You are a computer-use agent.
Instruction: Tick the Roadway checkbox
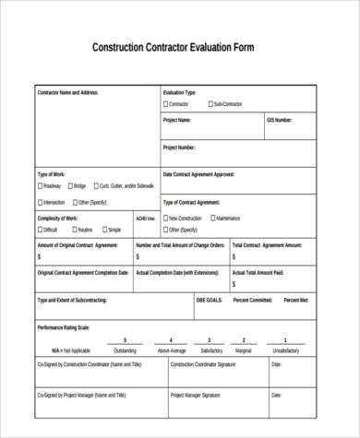[x=40, y=186]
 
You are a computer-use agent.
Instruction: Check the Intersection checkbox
[x=40, y=202]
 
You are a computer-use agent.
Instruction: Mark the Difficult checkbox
[x=40, y=230]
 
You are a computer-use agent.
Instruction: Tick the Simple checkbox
[x=104, y=230]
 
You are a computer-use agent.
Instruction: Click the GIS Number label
[x=279, y=121]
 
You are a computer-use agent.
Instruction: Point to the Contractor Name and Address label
[x=66, y=93]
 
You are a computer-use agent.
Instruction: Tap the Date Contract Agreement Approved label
[x=198, y=174]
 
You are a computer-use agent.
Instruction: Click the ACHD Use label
[x=146, y=219]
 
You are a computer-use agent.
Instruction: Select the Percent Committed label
[x=253, y=300]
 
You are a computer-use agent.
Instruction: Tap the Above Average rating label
[x=171, y=350]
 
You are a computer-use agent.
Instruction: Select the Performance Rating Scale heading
[x=63, y=327]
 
